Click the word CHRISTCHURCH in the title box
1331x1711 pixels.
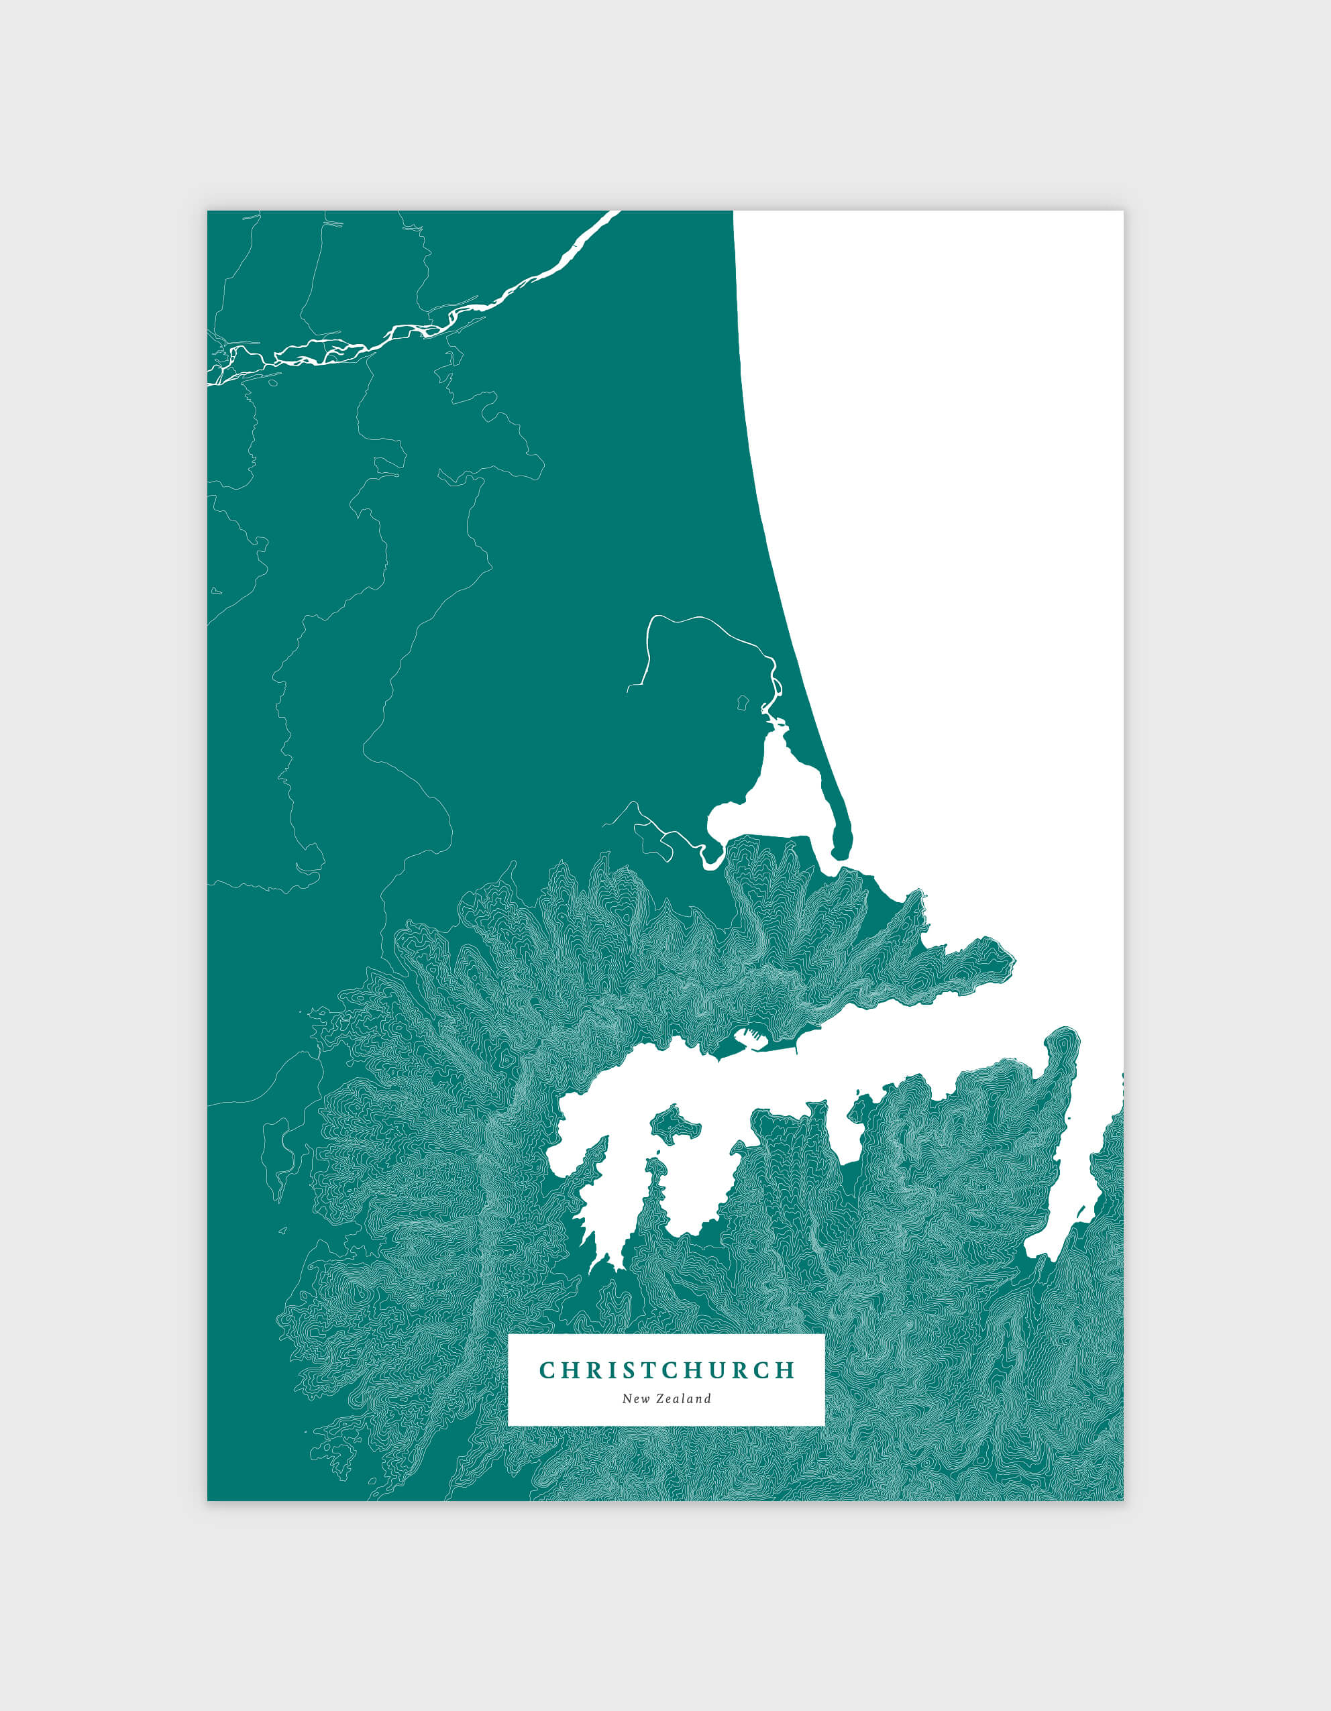tap(667, 1370)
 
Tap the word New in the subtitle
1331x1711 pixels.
tap(634, 1399)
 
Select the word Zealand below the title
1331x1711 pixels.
tap(681, 1399)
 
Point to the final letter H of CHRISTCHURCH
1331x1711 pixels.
tap(786, 1370)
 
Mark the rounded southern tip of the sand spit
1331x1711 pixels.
tap(841, 852)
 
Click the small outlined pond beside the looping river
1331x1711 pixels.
tap(743, 702)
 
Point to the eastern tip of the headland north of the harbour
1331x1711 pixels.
tap(1012, 959)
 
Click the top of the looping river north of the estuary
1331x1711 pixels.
tap(690, 617)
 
